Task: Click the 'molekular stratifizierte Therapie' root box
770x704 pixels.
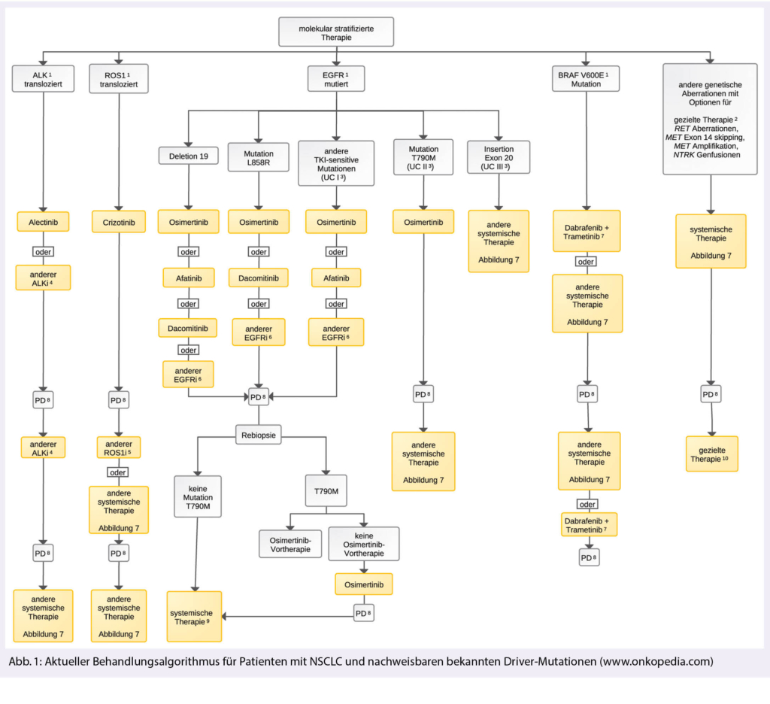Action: [335, 32]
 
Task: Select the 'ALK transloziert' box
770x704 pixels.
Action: [43, 79]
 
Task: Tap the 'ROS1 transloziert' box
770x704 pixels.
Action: [119, 79]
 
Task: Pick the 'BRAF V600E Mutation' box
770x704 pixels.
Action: [586, 79]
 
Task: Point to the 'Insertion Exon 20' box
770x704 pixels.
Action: [498, 157]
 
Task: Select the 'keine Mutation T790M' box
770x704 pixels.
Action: [198, 497]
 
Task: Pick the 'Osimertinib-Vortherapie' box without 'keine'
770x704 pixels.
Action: [290, 544]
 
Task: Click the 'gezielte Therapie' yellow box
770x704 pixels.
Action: [711, 454]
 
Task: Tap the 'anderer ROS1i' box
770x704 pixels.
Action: [119, 448]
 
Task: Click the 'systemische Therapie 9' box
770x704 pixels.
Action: [194, 616]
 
